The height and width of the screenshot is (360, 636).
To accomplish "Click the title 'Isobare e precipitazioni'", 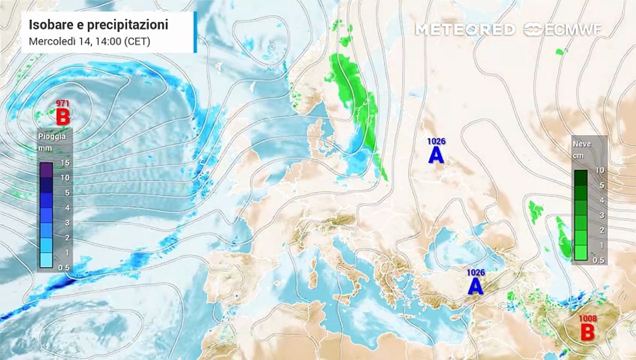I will (x=98, y=24).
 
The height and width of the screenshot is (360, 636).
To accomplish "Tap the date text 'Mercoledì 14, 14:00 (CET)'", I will (x=89, y=41).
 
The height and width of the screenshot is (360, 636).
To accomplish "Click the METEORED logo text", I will (x=465, y=29).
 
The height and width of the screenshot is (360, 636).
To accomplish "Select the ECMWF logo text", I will (x=564, y=29).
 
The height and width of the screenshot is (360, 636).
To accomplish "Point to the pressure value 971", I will (x=62, y=103).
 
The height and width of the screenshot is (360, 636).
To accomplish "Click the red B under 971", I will (x=62, y=117).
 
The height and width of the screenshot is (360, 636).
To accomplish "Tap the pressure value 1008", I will (x=587, y=318).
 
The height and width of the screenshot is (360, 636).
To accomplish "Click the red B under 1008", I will (x=587, y=331).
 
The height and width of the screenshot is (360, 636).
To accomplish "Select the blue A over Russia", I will (x=436, y=155).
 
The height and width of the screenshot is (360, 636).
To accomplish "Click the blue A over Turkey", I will (x=475, y=286).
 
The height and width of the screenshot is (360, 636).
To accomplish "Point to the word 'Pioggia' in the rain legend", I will (x=52, y=136).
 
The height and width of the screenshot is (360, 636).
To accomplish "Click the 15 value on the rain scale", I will (x=64, y=162).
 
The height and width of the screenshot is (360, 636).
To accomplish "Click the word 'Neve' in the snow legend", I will (x=581, y=144).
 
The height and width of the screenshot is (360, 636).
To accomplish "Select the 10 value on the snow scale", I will (x=600, y=170).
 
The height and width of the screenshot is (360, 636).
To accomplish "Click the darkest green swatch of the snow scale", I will (x=581, y=177).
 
